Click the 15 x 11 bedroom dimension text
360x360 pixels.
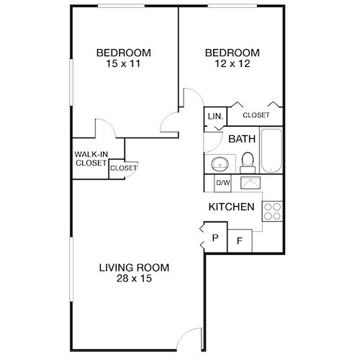click(x=123, y=65)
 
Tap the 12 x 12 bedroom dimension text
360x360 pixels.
click(x=232, y=65)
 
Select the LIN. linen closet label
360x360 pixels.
click(x=215, y=116)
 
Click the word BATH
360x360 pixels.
click(x=242, y=139)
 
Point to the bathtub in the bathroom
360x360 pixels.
click(x=272, y=150)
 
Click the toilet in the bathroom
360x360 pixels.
click(x=246, y=161)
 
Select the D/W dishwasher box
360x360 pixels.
click(x=223, y=183)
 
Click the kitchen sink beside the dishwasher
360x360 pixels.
click(x=250, y=183)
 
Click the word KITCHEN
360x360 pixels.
click(x=231, y=207)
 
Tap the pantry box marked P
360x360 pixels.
click(x=215, y=237)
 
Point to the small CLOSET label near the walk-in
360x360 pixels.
click(x=123, y=168)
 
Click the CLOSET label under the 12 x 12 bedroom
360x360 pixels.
click(x=256, y=115)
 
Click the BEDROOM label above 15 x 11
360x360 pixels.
click(x=123, y=53)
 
